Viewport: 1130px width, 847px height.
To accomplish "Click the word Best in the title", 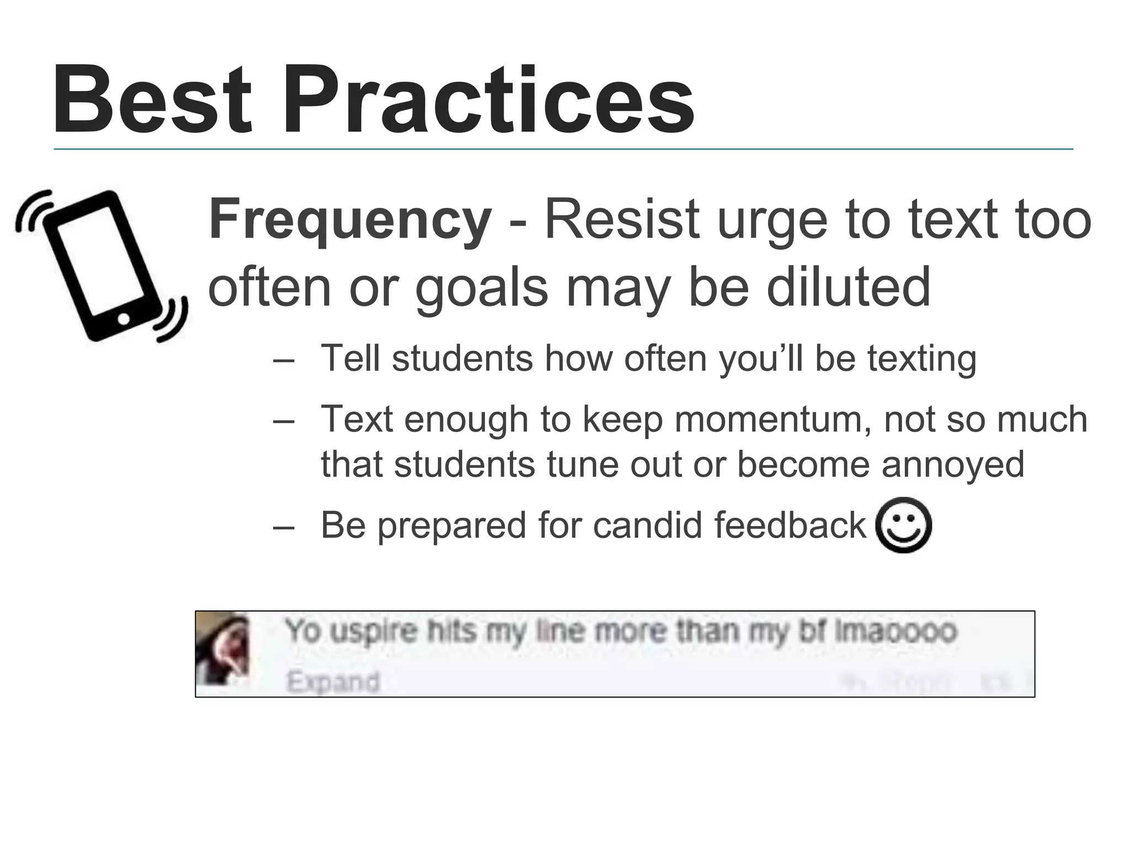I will click(x=152, y=100).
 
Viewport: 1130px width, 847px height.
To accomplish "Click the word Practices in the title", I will click(x=488, y=100).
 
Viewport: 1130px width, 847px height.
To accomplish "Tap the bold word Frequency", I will click(x=350, y=220).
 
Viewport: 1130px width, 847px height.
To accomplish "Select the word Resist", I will click(x=622, y=220).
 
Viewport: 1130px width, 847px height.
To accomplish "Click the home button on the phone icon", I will click(x=124, y=319).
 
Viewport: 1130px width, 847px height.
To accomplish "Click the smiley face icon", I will click(x=903, y=525).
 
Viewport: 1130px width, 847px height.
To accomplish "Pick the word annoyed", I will click(x=953, y=464).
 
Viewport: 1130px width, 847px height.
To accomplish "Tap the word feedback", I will click(x=790, y=524).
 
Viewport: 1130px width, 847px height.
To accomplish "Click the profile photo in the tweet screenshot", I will click(x=223, y=649).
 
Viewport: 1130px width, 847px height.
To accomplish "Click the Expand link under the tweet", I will click(x=333, y=682).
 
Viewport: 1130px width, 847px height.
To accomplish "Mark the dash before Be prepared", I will click(x=284, y=527).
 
